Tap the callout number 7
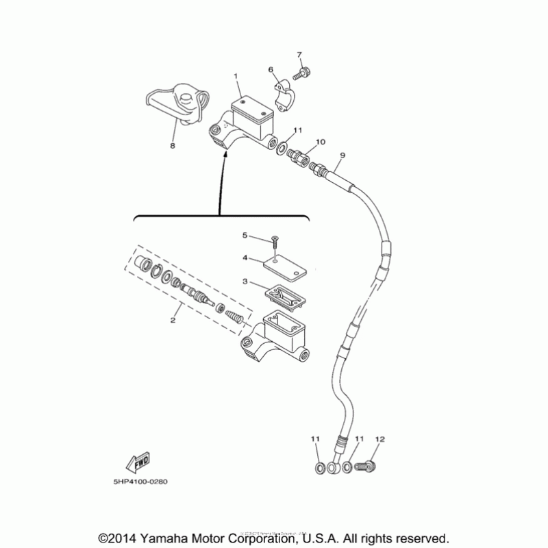299,54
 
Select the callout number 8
173,146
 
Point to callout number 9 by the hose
342,155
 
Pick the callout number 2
173,320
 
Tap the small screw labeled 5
275,240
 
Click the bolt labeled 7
303,71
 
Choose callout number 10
320,142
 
